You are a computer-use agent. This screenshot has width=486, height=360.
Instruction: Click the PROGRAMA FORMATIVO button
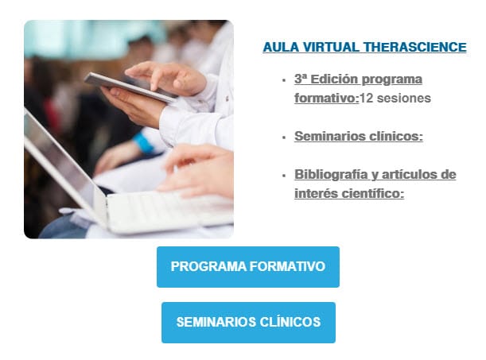click(x=247, y=267)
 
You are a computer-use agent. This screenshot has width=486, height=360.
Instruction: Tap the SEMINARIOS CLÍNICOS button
click(x=248, y=323)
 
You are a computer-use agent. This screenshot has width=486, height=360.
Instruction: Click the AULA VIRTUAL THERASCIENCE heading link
click(x=364, y=48)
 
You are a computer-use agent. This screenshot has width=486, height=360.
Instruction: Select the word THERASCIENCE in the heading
click(x=414, y=48)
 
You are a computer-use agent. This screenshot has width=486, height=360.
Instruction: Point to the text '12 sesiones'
click(x=395, y=99)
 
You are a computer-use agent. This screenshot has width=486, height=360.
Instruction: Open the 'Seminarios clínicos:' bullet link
click(x=358, y=136)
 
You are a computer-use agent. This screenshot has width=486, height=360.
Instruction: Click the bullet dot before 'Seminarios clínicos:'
click(x=284, y=137)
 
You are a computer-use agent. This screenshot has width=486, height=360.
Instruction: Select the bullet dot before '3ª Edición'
click(x=284, y=80)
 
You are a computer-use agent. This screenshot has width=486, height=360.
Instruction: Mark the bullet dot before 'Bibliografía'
click(x=284, y=175)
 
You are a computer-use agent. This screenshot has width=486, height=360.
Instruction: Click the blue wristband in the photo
click(x=143, y=145)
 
